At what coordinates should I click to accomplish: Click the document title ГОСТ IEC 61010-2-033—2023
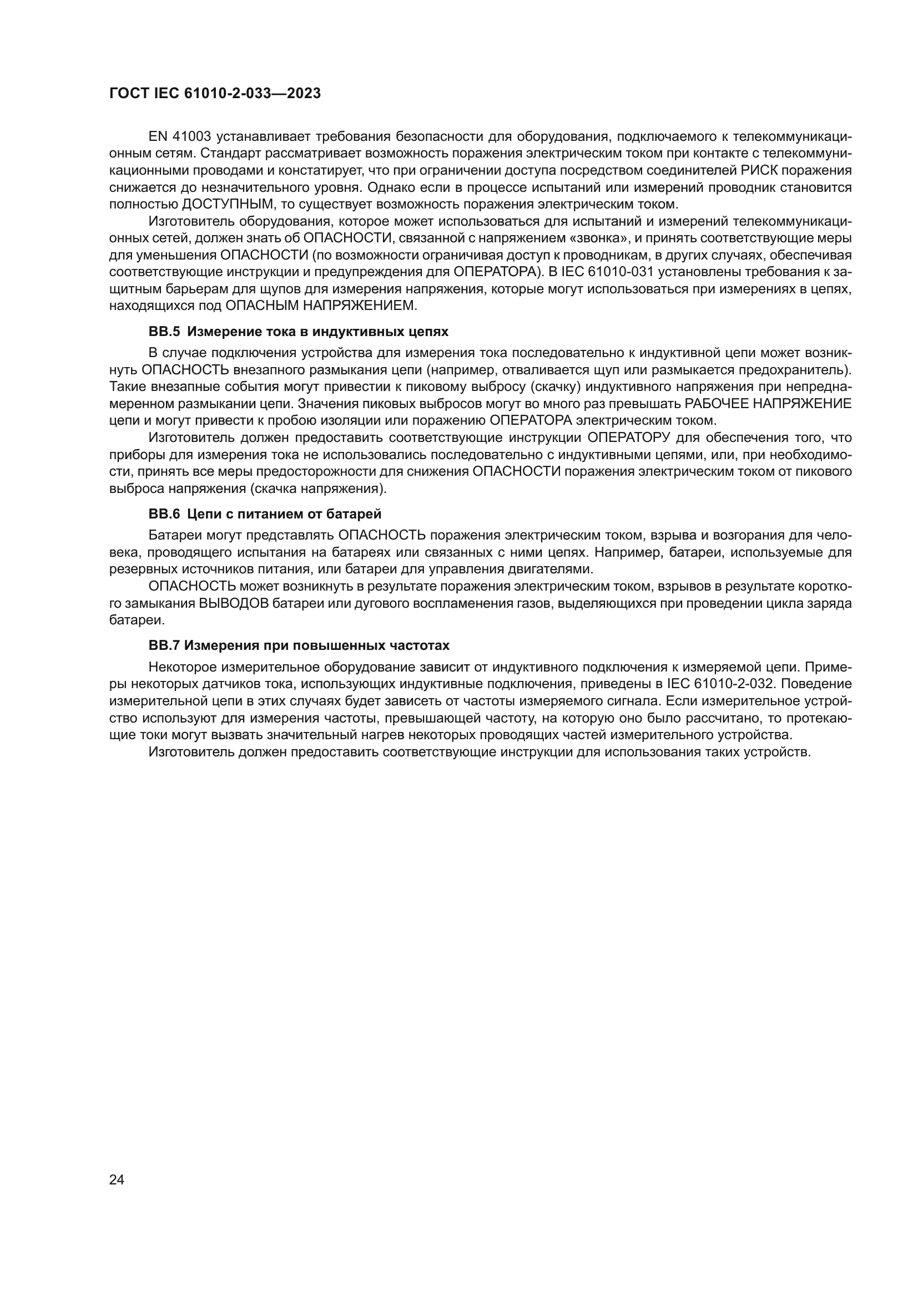point(215,93)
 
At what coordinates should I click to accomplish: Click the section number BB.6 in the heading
point(164,514)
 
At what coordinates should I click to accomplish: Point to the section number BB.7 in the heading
point(164,645)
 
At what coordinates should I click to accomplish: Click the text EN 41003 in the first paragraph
point(180,137)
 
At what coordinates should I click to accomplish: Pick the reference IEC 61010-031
point(607,272)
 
